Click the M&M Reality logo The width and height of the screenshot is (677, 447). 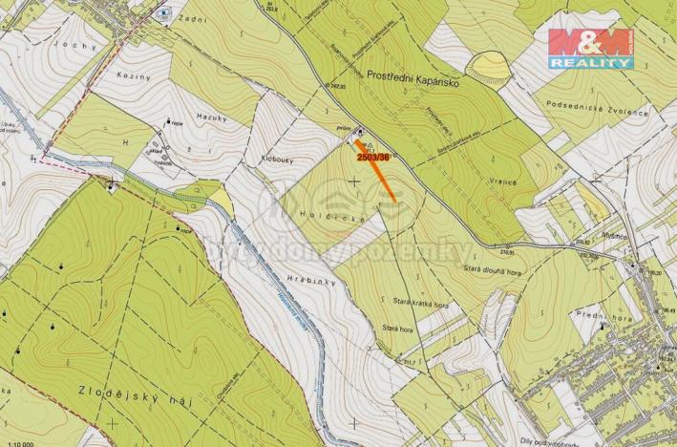pyautogui.click(x=590, y=48)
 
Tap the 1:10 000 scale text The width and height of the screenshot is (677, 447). pyautogui.click(x=17, y=442)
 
